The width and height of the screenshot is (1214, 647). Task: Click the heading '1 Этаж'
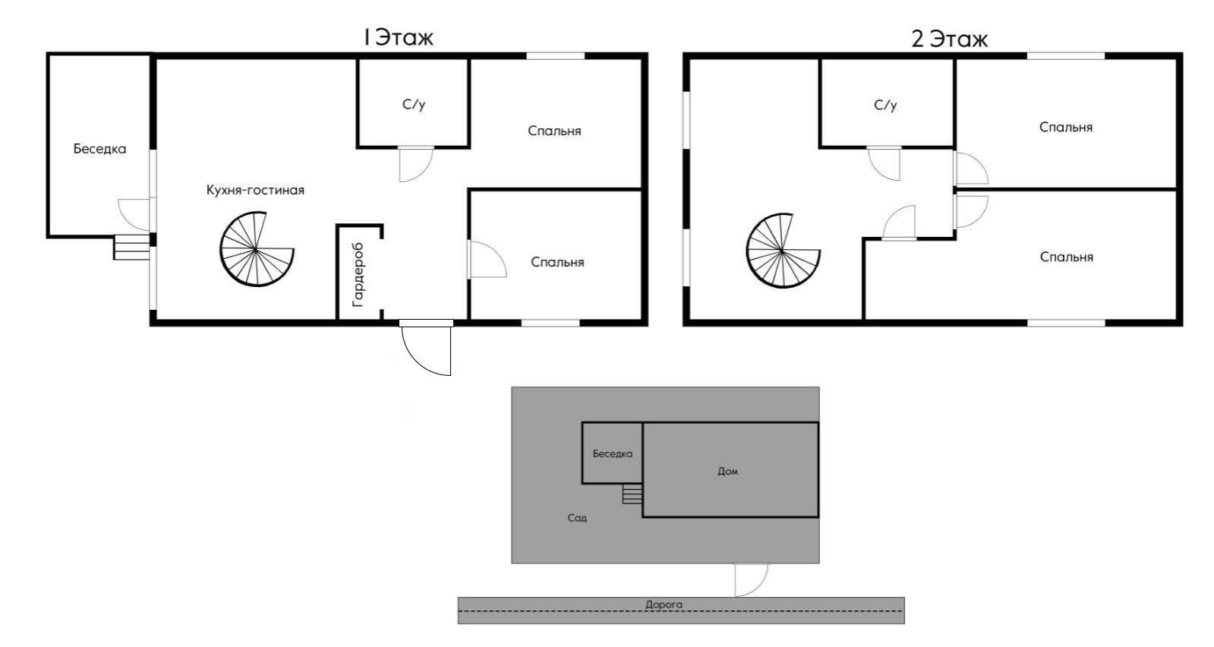tap(398, 37)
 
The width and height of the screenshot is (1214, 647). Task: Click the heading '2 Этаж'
tap(949, 39)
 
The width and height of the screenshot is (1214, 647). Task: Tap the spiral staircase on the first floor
tap(257, 250)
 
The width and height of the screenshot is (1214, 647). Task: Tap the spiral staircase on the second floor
tap(782, 251)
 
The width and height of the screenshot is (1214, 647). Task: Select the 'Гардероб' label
tap(358, 274)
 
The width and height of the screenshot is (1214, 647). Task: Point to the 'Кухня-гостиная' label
tap(255, 190)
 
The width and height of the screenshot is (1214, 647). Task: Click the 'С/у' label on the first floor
tap(414, 104)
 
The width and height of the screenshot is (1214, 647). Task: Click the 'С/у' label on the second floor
tap(885, 105)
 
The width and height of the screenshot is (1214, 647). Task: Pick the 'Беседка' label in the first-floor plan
tap(99, 149)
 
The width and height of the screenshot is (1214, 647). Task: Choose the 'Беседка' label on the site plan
tap(612, 454)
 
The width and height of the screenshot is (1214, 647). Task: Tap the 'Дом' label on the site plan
tap(727, 472)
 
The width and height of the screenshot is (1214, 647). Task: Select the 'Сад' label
tap(577, 519)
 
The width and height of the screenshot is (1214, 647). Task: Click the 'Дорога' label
tap(664, 605)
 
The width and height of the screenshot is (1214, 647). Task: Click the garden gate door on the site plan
tap(751, 579)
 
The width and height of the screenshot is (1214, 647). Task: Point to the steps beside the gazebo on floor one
tap(131, 248)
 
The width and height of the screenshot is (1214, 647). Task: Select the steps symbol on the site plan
tap(632, 495)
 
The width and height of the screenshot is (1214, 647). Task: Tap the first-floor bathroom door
tap(415, 163)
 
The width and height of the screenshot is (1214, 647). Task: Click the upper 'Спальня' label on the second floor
tap(1065, 128)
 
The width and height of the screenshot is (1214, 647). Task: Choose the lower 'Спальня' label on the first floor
tap(557, 263)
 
